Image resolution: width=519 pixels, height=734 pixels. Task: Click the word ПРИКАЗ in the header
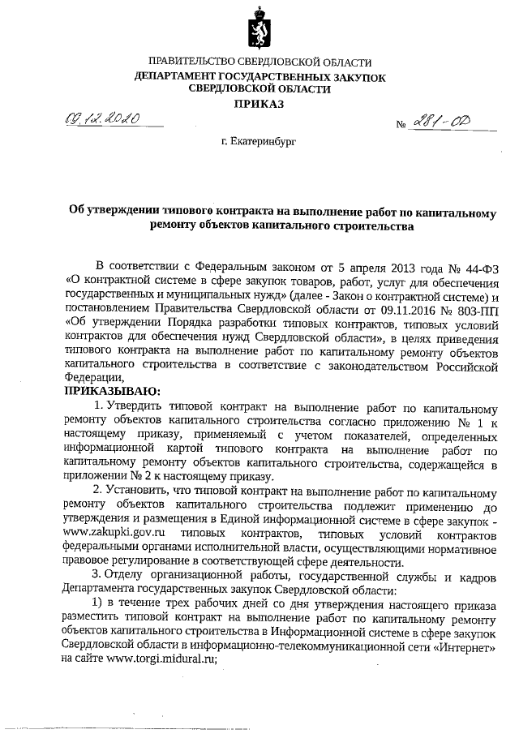(259, 105)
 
